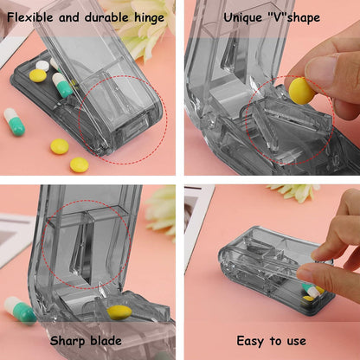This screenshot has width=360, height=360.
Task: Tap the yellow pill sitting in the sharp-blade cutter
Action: (x=119, y=312)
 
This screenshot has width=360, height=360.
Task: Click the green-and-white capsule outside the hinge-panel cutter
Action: (x=15, y=121)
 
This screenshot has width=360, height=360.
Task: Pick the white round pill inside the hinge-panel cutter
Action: (x=42, y=65)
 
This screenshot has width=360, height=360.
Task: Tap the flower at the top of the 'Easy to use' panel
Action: (x=294, y=191)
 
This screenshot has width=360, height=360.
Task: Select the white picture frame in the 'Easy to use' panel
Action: (x=198, y=216)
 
